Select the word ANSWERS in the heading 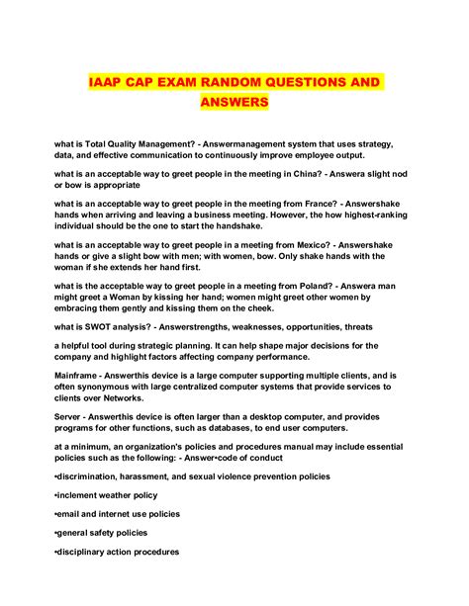coord(234,102)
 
